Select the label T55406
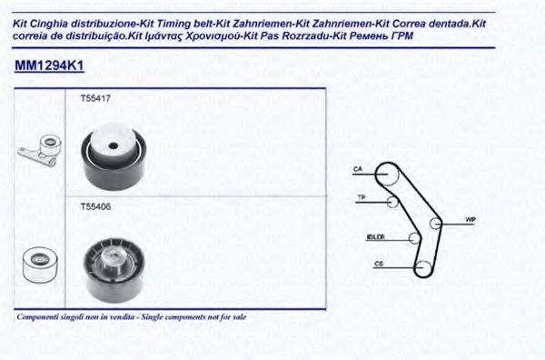94,206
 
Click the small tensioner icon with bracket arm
38,154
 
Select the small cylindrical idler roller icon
37,263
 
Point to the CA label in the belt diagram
358,170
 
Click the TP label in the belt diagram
361,198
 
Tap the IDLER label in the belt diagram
374,237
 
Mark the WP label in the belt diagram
470,219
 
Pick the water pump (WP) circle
436,222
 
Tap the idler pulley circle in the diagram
415,238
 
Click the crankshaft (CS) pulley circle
423,267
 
